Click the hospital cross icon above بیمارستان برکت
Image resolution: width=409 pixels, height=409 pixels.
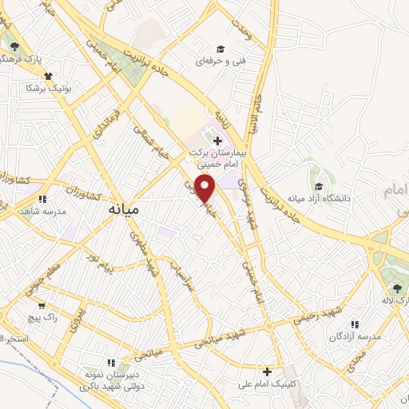(218, 141)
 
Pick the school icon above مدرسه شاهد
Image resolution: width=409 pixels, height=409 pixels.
(44, 199)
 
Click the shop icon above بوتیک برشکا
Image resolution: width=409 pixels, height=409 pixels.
(49, 76)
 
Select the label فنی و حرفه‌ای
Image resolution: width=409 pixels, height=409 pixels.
(219, 61)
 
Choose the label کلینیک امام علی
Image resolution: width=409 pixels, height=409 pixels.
(270, 385)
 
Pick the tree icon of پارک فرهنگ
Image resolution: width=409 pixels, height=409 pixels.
(14, 46)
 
